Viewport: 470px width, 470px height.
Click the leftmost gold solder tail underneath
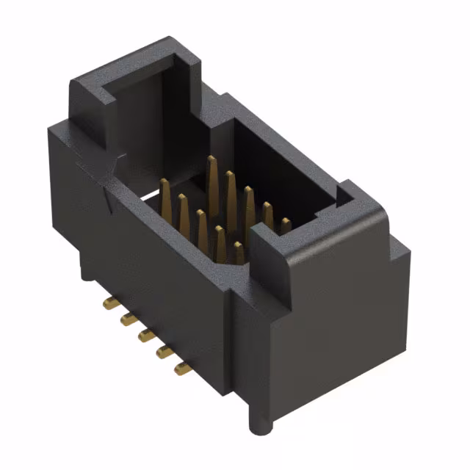click(x=106, y=303)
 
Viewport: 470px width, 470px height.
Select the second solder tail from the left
click(x=126, y=318)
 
